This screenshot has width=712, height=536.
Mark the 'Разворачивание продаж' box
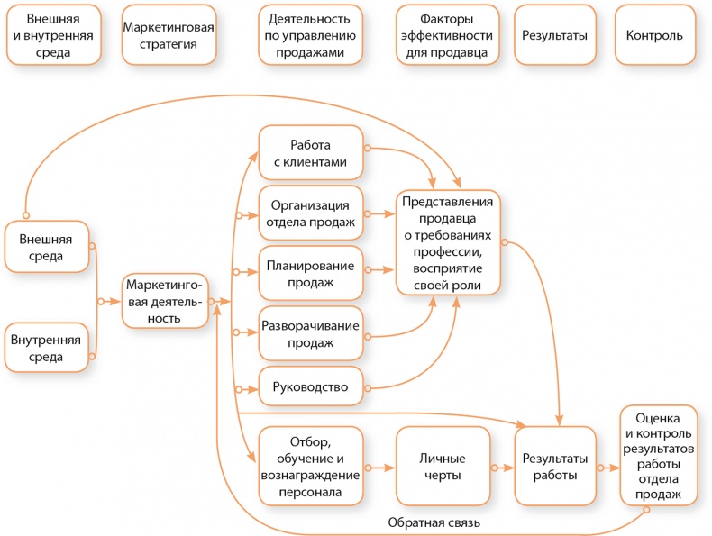[310, 333]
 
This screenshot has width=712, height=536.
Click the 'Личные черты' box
[443, 467]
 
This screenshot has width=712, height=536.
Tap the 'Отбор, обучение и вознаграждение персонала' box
[310, 467]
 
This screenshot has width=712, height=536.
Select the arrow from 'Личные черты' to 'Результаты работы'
[502, 468]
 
